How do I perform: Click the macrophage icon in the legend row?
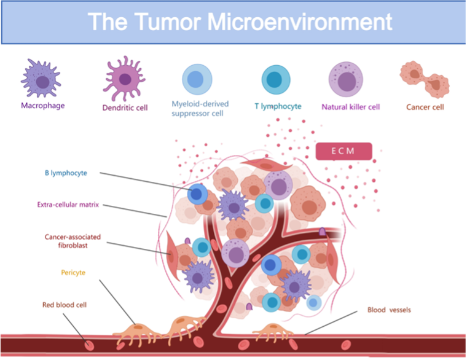click(41, 78)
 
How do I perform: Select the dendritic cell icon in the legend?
click(124, 79)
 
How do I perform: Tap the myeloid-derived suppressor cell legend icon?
click(197, 79)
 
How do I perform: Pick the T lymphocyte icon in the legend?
click(276, 80)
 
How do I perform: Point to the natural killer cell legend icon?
click(346, 79)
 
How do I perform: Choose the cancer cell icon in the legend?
click(425, 79)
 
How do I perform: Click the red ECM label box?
click(343, 151)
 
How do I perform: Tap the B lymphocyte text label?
click(66, 173)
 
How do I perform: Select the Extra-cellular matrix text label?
click(68, 205)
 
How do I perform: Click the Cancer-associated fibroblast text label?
click(73, 241)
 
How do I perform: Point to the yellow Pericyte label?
click(73, 273)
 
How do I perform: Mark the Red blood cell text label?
click(65, 305)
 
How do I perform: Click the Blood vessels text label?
click(389, 310)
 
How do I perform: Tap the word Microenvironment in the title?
click(300, 22)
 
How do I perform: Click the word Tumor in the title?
click(167, 22)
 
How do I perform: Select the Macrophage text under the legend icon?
click(43, 106)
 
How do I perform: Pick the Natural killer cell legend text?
click(350, 107)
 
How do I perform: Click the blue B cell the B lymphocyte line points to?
click(197, 194)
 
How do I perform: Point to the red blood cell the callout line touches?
click(88, 346)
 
